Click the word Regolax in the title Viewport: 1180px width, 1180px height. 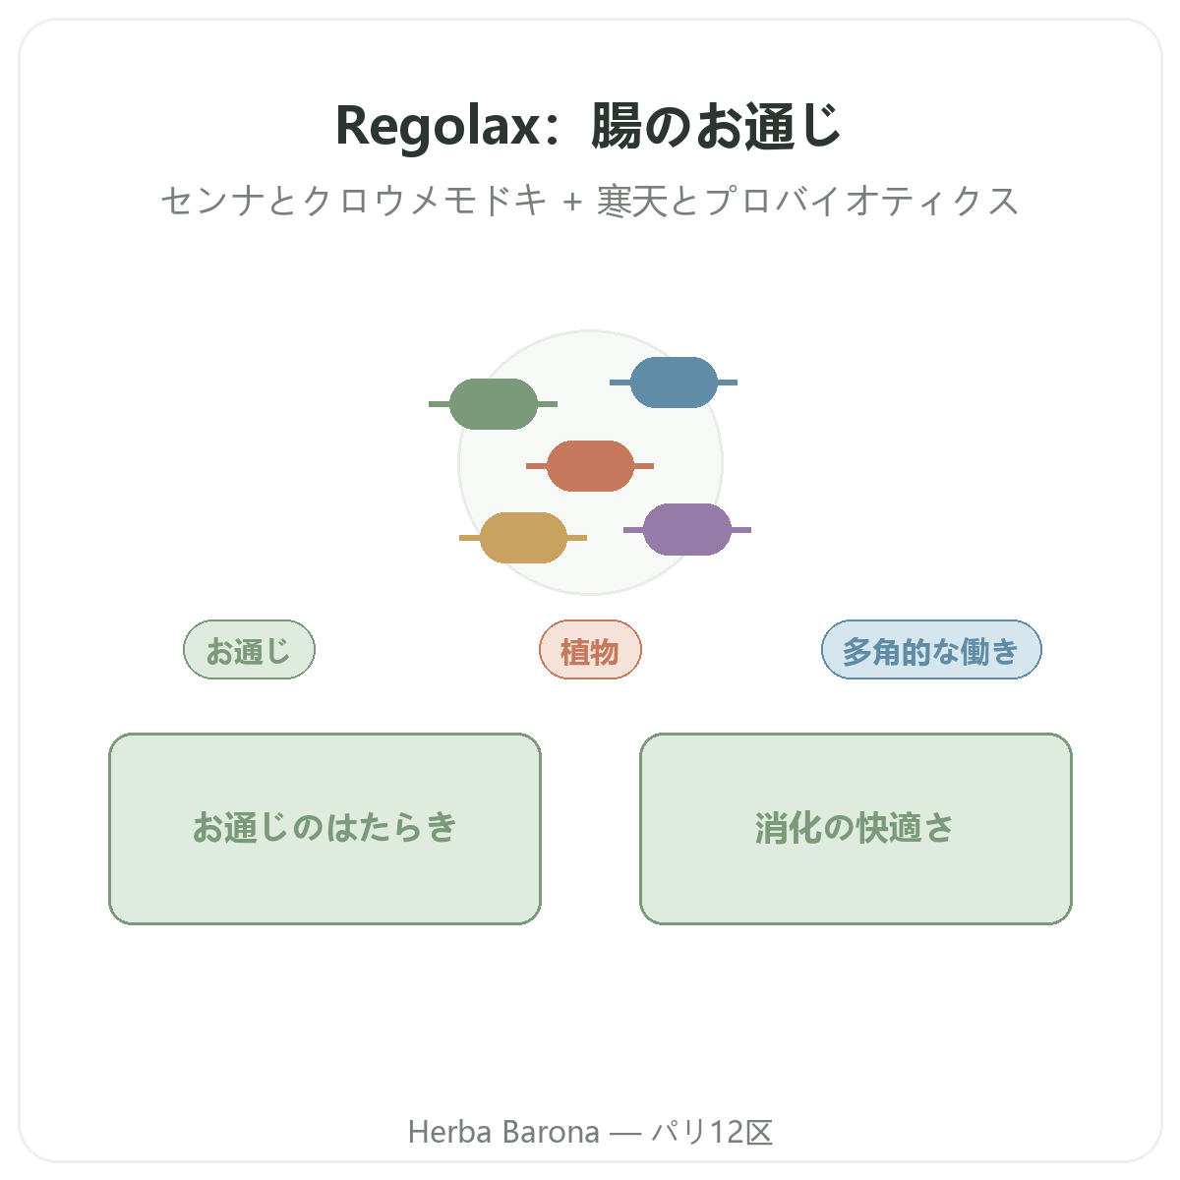point(438,126)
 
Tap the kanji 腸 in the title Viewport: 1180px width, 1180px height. point(616,126)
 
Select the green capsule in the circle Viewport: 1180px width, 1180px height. point(493,403)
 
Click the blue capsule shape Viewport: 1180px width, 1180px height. point(674,383)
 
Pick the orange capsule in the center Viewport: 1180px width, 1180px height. point(590,466)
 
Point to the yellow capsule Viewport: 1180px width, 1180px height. point(523,538)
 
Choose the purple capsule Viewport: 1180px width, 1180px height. point(687,530)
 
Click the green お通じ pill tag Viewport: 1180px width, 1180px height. point(249,650)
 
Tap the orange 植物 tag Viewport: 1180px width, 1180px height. point(590,650)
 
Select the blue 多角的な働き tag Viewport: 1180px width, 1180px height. point(931,650)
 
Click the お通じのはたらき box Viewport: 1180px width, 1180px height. point(325,829)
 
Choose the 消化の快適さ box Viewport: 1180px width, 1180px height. point(855,829)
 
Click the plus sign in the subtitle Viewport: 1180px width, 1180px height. point(572,203)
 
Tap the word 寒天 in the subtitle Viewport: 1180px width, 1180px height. point(632,201)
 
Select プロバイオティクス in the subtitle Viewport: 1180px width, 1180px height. point(862,201)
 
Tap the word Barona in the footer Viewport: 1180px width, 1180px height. point(551,1132)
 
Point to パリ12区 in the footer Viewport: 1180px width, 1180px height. point(712,1132)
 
